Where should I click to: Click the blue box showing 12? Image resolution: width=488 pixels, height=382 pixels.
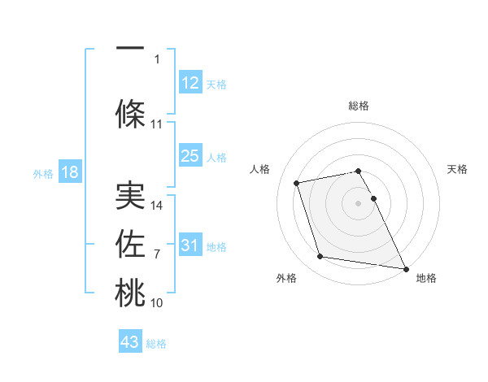(190, 84)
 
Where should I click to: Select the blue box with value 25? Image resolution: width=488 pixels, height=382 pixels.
(190, 156)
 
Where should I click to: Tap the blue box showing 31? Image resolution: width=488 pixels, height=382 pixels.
(190, 245)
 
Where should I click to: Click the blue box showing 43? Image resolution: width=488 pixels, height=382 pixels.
(130, 342)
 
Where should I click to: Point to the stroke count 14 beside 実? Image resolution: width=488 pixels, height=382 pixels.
(158, 206)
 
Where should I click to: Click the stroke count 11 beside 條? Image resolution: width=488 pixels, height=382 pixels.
(157, 124)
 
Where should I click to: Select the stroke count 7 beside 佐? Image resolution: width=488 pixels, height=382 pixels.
(157, 254)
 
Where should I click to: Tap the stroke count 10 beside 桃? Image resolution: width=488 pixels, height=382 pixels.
(157, 303)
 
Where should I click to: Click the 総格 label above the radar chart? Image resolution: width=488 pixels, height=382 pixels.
(359, 106)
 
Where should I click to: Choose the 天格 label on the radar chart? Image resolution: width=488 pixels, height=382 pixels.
(458, 169)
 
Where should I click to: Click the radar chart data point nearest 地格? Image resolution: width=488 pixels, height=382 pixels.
(405, 268)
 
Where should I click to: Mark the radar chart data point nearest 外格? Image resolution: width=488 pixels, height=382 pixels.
(320, 257)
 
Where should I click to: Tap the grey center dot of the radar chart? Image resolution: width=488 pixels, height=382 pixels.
(359, 203)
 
